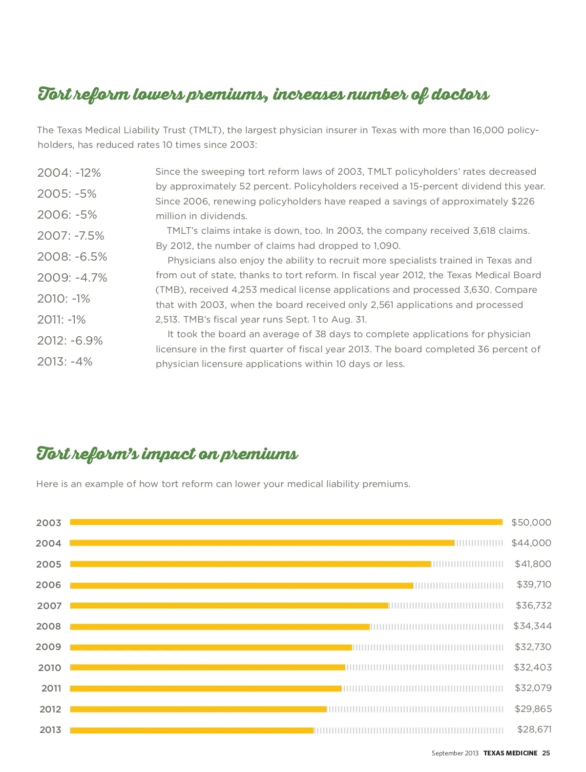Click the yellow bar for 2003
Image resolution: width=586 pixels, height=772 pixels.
tap(286, 522)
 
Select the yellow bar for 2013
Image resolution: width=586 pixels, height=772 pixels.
tap(192, 731)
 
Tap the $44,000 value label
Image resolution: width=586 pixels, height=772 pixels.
tap(531, 543)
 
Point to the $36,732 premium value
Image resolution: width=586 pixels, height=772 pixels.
tap(534, 606)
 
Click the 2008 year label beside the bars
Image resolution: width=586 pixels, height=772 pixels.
tap(49, 627)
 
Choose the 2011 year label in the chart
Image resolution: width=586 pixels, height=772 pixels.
tap(51, 689)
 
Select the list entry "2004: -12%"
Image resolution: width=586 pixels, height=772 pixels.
tap(69, 173)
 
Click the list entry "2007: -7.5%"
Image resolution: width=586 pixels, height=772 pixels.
tap(71, 236)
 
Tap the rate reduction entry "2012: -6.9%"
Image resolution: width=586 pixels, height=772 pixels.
tap(70, 341)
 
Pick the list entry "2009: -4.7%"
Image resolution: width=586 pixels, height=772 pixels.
tap(72, 278)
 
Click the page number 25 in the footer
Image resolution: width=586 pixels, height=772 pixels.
tap(546, 753)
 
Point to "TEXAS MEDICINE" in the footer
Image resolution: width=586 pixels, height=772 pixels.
tap(510, 753)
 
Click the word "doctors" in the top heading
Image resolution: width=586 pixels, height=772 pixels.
tap(460, 94)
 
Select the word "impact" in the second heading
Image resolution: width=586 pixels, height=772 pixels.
tap(167, 454)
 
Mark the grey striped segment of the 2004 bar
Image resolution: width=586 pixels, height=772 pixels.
tap(479, 543)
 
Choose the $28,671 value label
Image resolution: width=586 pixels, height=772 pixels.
tap(534, 730)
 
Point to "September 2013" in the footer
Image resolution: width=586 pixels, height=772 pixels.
tap(455, 753)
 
